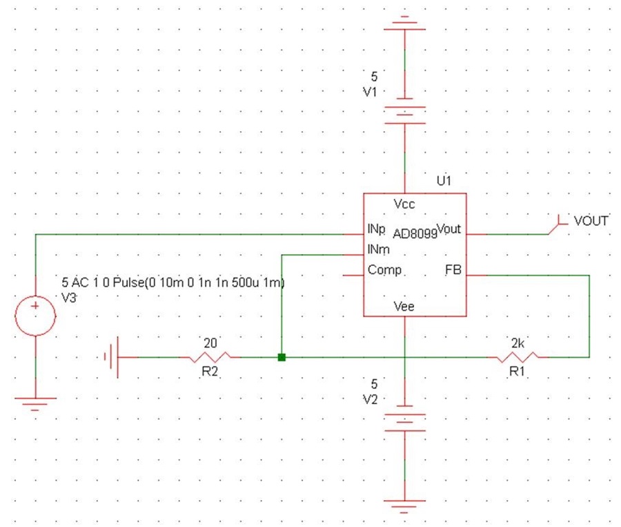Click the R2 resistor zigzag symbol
(x=210, y=357)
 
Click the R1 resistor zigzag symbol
(x=517, y=357)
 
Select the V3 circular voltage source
(x=35, y=316)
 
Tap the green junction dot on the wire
(x=282, y=357)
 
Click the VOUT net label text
(x=591, y=221)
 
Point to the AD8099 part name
(x=415, y=234)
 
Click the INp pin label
(x=376, y=229)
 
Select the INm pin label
(x=379, y=249)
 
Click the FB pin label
(x=453, y=270)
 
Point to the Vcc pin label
(x=404, y=204)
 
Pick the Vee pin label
(x=404, y=307)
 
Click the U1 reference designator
(x=444, y=181)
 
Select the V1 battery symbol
(x=405, y=111)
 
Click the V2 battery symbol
(x=405, y=419)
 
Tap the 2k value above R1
(x=517, y=343)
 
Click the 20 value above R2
(x=210, y=343)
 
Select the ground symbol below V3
(x=35, y=403)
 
